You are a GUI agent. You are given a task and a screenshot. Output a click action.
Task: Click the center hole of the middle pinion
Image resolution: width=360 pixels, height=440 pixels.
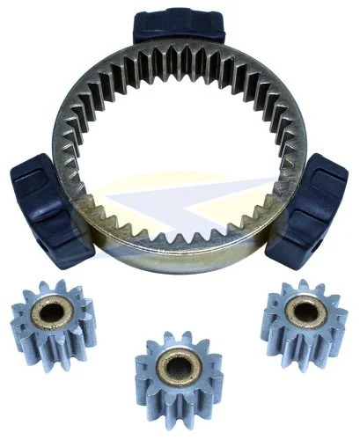pyautogui.click(x=179, y=368)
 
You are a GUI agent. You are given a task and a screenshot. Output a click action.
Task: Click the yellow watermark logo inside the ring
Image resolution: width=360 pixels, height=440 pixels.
pyautogui.click(x=189, y=198)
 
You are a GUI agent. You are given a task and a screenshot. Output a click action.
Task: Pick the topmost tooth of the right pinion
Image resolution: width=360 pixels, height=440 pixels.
pyautogui.click(x=305, y=284)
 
